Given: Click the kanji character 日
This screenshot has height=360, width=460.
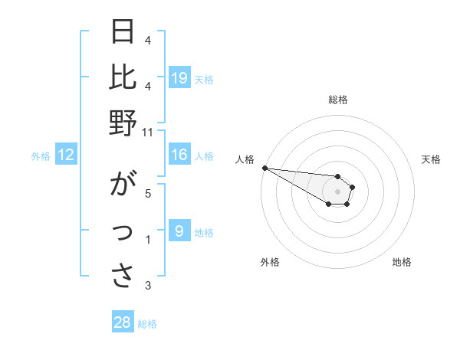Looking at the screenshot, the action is (123, 32).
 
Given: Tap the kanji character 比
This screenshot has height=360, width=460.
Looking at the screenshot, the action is (123, 77).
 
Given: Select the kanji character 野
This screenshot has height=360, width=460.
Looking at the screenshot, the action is (123, 123).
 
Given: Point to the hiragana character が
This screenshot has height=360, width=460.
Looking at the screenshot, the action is (123, 185).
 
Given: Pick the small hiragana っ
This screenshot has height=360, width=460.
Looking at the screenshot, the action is (123, 233).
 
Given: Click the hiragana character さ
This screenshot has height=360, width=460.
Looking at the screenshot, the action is (123, 277).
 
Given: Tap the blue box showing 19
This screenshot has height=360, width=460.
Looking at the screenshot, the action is (179, 77).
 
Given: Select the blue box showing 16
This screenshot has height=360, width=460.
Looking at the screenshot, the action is (179, 155).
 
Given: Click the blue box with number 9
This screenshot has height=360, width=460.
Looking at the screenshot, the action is (179, 231).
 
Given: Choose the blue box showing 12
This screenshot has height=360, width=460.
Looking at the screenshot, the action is (66, 155).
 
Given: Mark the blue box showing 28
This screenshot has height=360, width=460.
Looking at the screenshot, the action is (123, 322).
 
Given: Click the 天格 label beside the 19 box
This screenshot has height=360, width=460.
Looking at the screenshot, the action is (204, 79).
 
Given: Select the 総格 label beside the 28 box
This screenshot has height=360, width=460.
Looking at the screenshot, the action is (147, 324).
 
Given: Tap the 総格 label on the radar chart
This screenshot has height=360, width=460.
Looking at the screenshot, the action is (338, 100).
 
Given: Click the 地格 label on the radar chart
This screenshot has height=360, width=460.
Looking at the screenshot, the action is (402, 262).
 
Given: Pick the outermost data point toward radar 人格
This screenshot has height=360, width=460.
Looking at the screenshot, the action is (264, 168).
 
